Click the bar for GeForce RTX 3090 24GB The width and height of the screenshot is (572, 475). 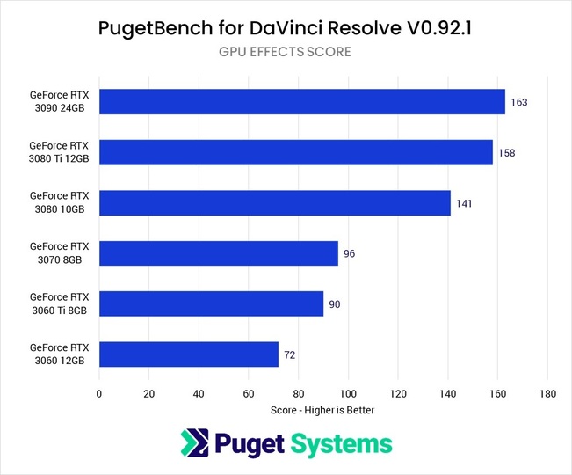coord(301,102)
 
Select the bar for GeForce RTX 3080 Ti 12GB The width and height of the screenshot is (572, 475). coord(295,152)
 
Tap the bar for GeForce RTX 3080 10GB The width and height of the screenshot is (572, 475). coord(274,202)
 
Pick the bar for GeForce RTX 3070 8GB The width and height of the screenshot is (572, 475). coord(218,253)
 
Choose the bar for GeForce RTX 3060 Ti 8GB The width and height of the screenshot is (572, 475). coord(211,303)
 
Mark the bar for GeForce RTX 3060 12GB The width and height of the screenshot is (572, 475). coord(188,354)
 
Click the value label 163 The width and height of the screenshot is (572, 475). coord(518,102)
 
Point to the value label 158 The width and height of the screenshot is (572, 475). coord(506,152)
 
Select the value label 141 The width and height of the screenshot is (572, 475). coord(464,202)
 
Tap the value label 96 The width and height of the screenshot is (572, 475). coord(349,253)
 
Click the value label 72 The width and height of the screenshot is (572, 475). coord(289,354)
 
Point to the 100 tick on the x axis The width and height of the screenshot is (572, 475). coord(349,393)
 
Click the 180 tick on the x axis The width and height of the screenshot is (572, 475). coord(548,393)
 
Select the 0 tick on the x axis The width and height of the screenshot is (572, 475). coord(99,393)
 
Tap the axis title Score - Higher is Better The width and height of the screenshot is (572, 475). coord(323,410)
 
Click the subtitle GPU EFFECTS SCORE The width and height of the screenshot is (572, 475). coord(285,52)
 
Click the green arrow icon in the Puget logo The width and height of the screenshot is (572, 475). coord(193,443)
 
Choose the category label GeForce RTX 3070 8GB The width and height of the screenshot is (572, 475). coord(60,253)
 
